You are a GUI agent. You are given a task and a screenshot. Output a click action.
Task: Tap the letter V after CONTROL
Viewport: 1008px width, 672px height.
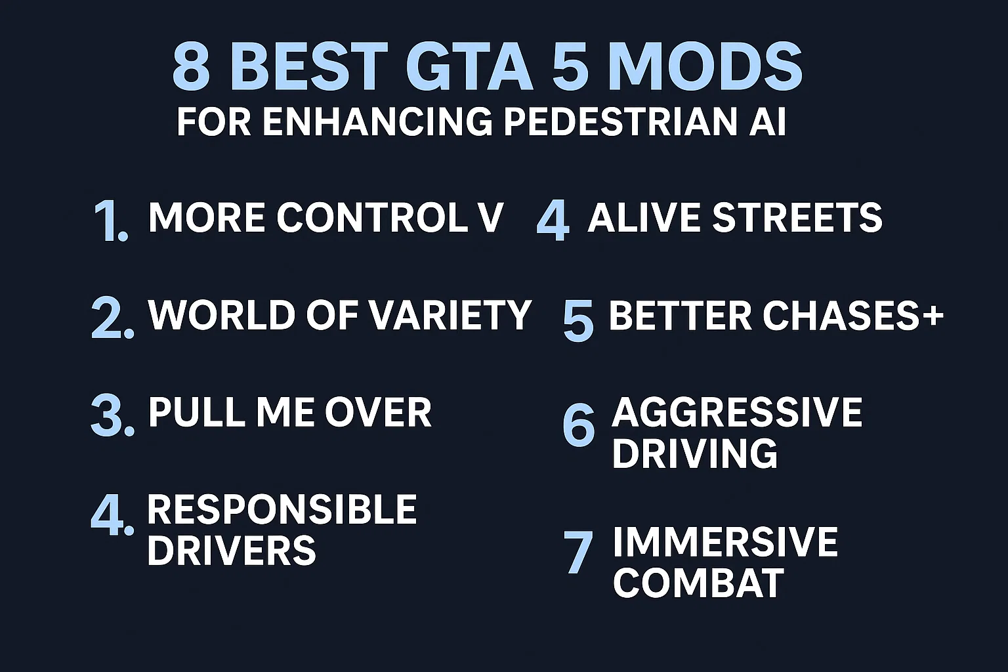490,217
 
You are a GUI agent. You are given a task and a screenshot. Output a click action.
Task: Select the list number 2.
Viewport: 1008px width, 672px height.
112,318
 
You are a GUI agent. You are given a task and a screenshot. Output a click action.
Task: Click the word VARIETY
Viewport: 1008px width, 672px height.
450,315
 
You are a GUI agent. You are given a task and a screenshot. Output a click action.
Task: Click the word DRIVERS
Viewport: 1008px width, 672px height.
231,550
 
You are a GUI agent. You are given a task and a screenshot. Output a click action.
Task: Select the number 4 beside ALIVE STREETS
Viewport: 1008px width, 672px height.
552,220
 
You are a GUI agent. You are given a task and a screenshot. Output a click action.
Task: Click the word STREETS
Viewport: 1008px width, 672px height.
797,217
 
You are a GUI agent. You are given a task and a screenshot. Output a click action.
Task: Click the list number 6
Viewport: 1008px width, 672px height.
578,425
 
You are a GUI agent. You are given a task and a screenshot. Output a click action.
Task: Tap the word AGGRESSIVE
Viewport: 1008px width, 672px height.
737,412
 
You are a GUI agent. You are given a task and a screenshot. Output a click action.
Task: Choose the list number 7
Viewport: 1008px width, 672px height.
579,553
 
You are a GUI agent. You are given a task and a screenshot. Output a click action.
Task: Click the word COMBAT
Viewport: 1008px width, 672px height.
698,582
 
